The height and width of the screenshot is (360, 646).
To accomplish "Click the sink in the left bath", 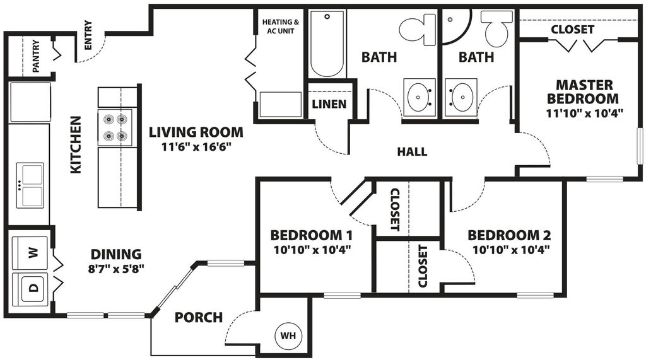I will coord(419,97).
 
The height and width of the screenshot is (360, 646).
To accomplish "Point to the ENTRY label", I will coord(88,35).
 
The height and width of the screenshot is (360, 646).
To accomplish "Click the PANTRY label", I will coord(36,56).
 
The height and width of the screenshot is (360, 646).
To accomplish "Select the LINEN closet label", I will coord(329,103).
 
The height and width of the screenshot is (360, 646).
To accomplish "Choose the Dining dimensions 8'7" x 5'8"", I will coord(115,269).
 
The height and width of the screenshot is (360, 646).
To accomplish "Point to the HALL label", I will coord(412,151).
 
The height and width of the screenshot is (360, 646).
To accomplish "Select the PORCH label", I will coord(199,317).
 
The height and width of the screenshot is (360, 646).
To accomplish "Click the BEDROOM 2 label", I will coord(509,236).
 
